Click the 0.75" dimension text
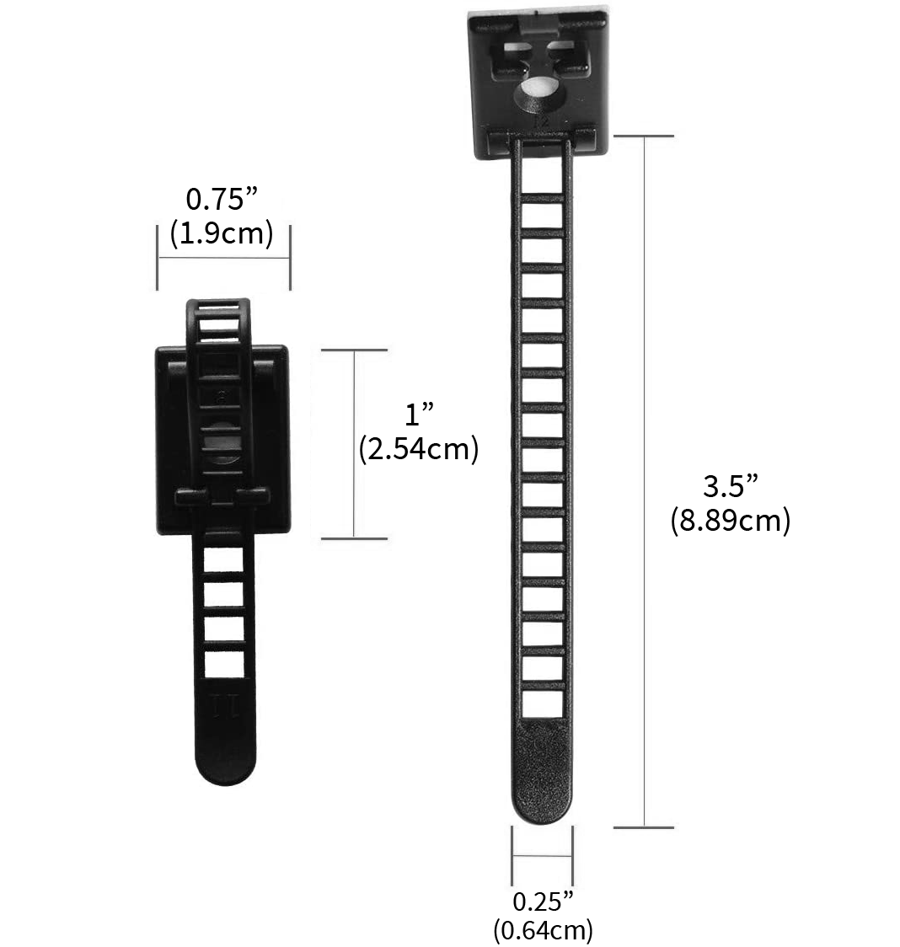point(221,200)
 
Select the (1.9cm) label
point(221,233)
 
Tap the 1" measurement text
point(419,415)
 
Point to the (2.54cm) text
point(418,449)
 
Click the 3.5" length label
point(730,487)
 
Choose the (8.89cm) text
point(730,521)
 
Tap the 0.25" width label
point(542,902)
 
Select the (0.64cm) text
point(542,930)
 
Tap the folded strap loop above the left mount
point(217,316)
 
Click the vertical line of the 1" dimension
point(354,444)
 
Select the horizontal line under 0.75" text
point(223,257)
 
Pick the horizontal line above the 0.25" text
point(542,857)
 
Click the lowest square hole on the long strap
point(542,704)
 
